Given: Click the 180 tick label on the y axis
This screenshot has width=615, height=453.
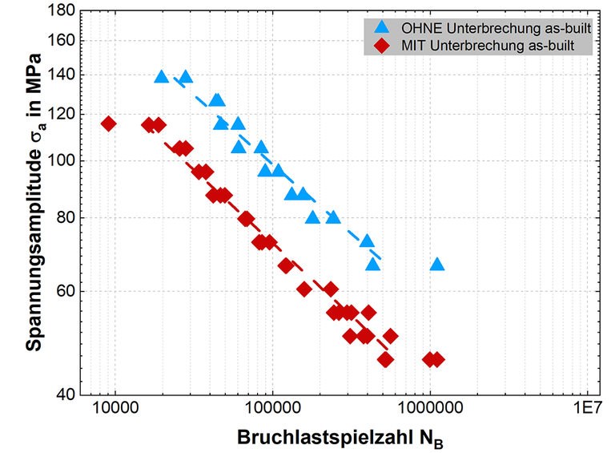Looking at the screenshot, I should pyautogui.click(x=62, y=11).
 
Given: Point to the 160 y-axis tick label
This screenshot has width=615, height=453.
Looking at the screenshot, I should pyautogui.click(x=62, y=40).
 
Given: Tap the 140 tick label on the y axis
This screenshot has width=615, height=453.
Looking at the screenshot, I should pyautogui.click(x=62, y=75).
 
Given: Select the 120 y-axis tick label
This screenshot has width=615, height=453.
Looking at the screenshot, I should pyautogui.click(x=62, y=114).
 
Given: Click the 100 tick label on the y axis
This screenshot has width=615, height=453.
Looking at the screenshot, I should pyautogui.click(x=62, y=160).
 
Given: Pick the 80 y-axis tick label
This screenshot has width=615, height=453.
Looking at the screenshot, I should pyautogui.click(x=66, y=217).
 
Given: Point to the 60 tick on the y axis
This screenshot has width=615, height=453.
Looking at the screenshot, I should pyautogui.click(x=66, y=291).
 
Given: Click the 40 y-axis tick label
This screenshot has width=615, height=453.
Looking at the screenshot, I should pyautogui.click(x=66, y=394).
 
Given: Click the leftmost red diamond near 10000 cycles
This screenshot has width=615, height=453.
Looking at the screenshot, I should pyautogui.click(x=109, y=123).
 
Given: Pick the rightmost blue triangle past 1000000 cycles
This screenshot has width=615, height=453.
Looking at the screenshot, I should pyautogui.click(x=436, y=264).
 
